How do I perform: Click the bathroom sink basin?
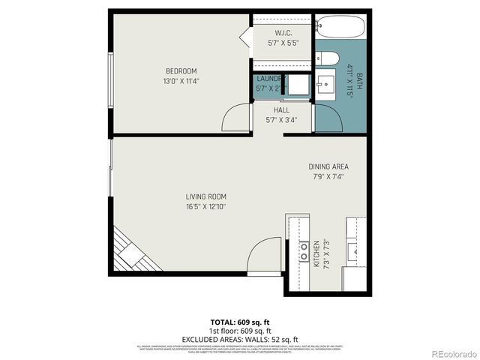(x=327, y=84)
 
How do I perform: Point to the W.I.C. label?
(x=283, y=33)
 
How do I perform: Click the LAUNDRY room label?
(x=269, y=79)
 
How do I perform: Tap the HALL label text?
(x=281, y=109)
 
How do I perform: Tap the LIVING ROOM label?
(x=206, y=197)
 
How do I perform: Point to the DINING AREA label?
(x=328, y=166)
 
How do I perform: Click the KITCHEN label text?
(x=317, y=254)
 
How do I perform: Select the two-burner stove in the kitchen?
(x=304, y=251)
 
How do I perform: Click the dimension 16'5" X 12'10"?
(x=206, y=207)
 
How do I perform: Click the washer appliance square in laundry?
(x=298, y=85)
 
